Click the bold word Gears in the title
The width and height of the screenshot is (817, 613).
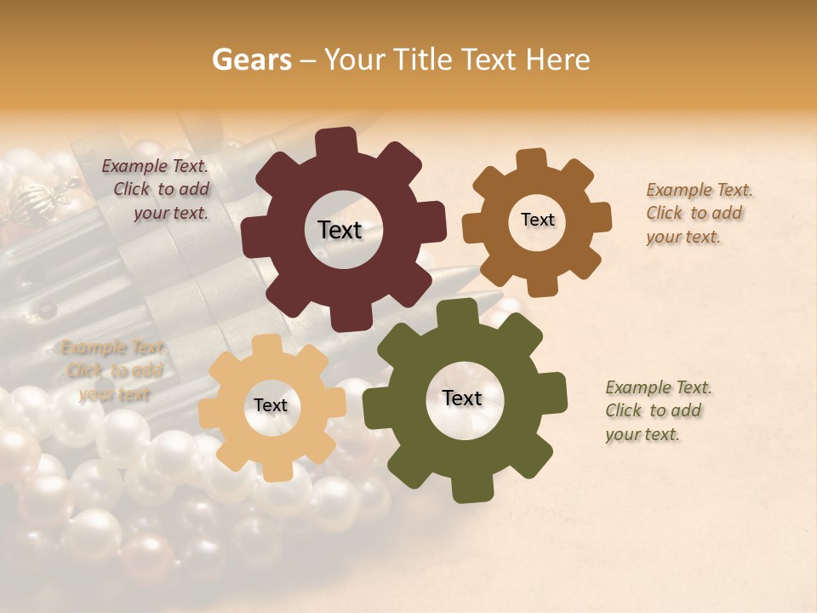click(252, 60)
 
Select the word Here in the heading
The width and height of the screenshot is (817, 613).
click(558, 60)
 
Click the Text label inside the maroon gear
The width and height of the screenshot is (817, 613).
click(340, 230)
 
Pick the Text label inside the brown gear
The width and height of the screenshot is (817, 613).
click(537, 220)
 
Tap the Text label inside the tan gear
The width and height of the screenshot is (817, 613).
click(271, 405)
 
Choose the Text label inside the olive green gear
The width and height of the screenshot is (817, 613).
click(462, 398)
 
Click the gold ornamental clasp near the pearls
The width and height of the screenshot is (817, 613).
click(39, 200)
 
